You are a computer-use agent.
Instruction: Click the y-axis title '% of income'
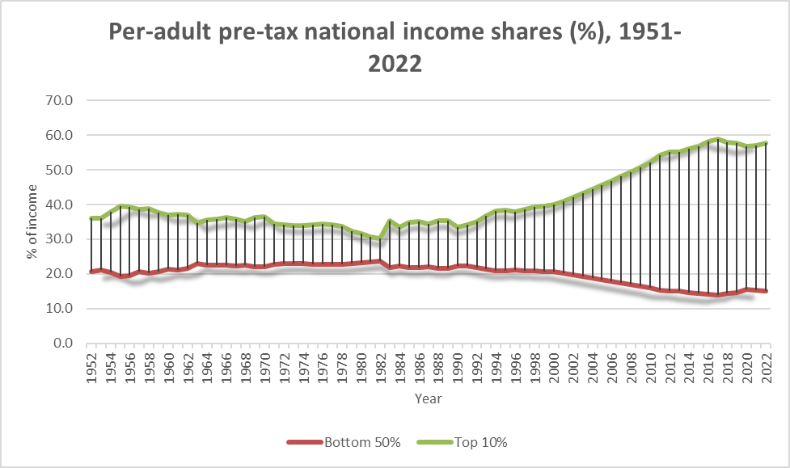pos(32,221)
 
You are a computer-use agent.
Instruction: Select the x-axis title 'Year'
pos(428,398)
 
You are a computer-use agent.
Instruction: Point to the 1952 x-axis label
pos(92,366)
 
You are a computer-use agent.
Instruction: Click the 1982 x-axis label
pos(380,366)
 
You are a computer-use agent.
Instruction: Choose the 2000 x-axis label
pos(553,366)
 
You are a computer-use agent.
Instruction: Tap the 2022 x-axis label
pos(764,366)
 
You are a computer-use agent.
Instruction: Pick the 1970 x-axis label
pos(265,366)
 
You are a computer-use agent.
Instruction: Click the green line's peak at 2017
pos(717,139)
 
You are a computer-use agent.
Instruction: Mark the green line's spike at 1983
pos(390,220)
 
